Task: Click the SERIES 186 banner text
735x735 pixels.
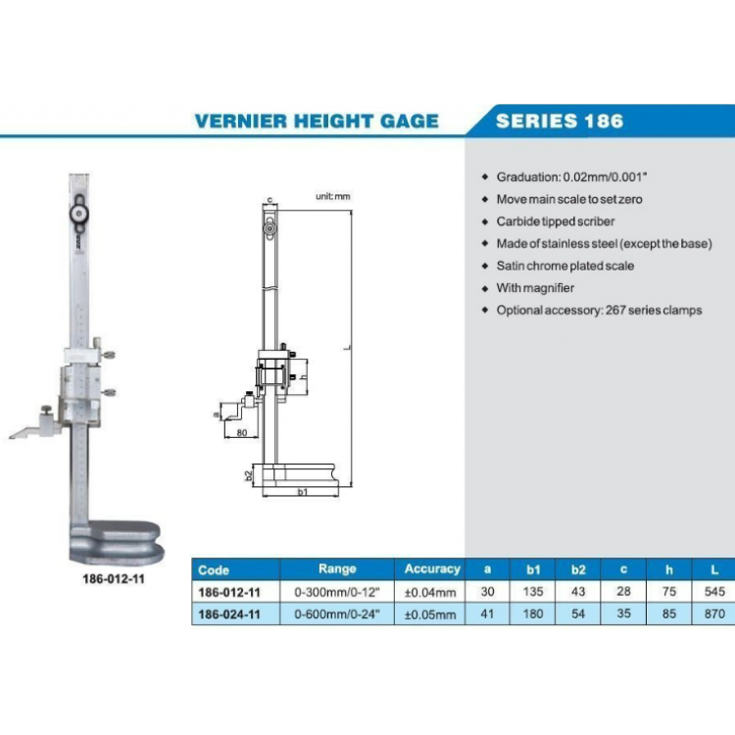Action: coord(559,122)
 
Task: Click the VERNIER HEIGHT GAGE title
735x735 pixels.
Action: coord(317,122)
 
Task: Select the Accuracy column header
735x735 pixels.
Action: coord(431,568)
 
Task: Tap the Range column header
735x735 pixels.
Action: coord(337,568)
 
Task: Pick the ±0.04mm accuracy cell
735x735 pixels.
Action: coord(431,593)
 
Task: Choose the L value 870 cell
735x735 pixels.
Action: coord(714,614)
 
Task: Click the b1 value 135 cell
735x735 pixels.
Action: coord(533,593)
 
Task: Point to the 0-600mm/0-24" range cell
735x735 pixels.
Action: coord(337,614)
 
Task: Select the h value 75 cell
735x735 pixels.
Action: coord(670,593)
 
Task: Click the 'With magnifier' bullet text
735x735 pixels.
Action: coord(535,288)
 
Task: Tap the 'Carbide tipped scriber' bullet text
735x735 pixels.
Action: coord(556,221)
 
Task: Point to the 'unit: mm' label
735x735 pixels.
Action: coord(332,197)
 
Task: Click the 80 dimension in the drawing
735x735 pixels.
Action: coord(242,432)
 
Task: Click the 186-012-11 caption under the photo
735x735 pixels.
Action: coord(115,579)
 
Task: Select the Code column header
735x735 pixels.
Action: coord(214,569)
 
